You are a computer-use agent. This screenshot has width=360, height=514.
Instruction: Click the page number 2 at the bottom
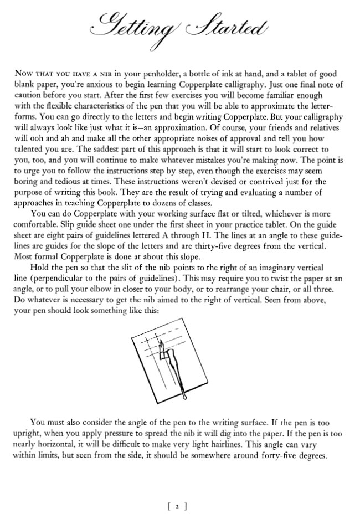click(x=179, y=506)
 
